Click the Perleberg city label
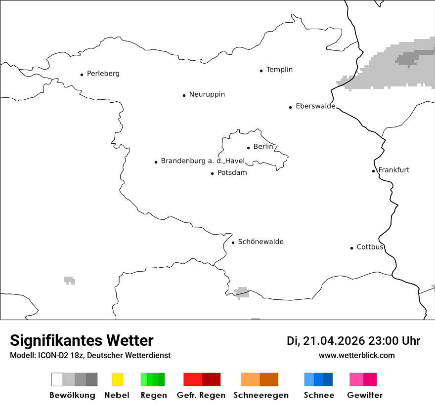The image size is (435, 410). point(103,74)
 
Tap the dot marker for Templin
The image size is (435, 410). point(261,71)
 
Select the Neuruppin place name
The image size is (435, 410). point(207,94)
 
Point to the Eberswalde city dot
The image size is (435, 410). point(290,107)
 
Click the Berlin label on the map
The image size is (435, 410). point(263,147)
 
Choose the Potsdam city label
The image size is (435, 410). point(232,173)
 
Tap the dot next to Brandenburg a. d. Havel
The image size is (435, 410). point(156,162)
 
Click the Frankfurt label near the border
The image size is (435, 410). point(394,170)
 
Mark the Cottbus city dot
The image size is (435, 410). point(351,248)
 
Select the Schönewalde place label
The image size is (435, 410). point(261,242)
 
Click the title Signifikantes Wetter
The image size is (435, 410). point(82,340)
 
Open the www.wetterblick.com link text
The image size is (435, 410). point(356,355)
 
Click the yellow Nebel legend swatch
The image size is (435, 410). point(117,379)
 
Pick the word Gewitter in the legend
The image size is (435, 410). point(364,395)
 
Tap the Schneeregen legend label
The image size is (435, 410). point(261,395)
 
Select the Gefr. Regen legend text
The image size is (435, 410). point(201,395)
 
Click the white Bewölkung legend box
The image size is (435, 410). point(57,379)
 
